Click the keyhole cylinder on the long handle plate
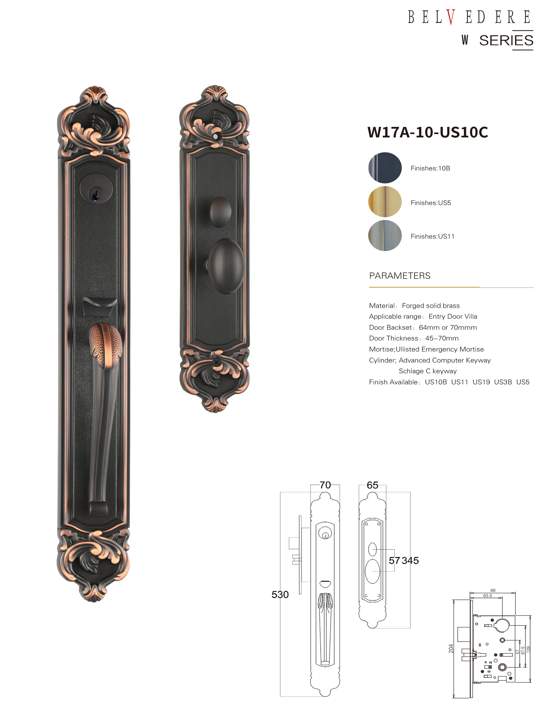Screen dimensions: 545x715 (96, 188)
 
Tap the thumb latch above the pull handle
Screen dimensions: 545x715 (99, 307)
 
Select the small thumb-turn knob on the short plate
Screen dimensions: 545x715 (221, 212)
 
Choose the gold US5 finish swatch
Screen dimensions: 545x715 (385, 202)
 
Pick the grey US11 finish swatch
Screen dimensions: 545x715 (385, 235)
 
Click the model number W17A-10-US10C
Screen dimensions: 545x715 (428, 132)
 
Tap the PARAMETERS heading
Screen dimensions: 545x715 (400, 276)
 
